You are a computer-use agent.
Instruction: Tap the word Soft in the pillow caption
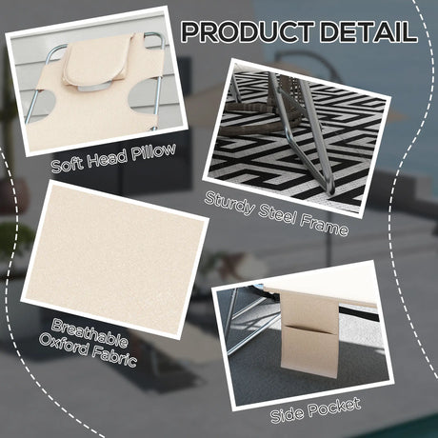tap(67, 165)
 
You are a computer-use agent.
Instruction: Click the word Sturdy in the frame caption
tap(229, 204)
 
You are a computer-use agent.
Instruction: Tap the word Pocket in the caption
tap(335, 407)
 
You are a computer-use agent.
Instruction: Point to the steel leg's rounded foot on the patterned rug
tap(330, 189)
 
